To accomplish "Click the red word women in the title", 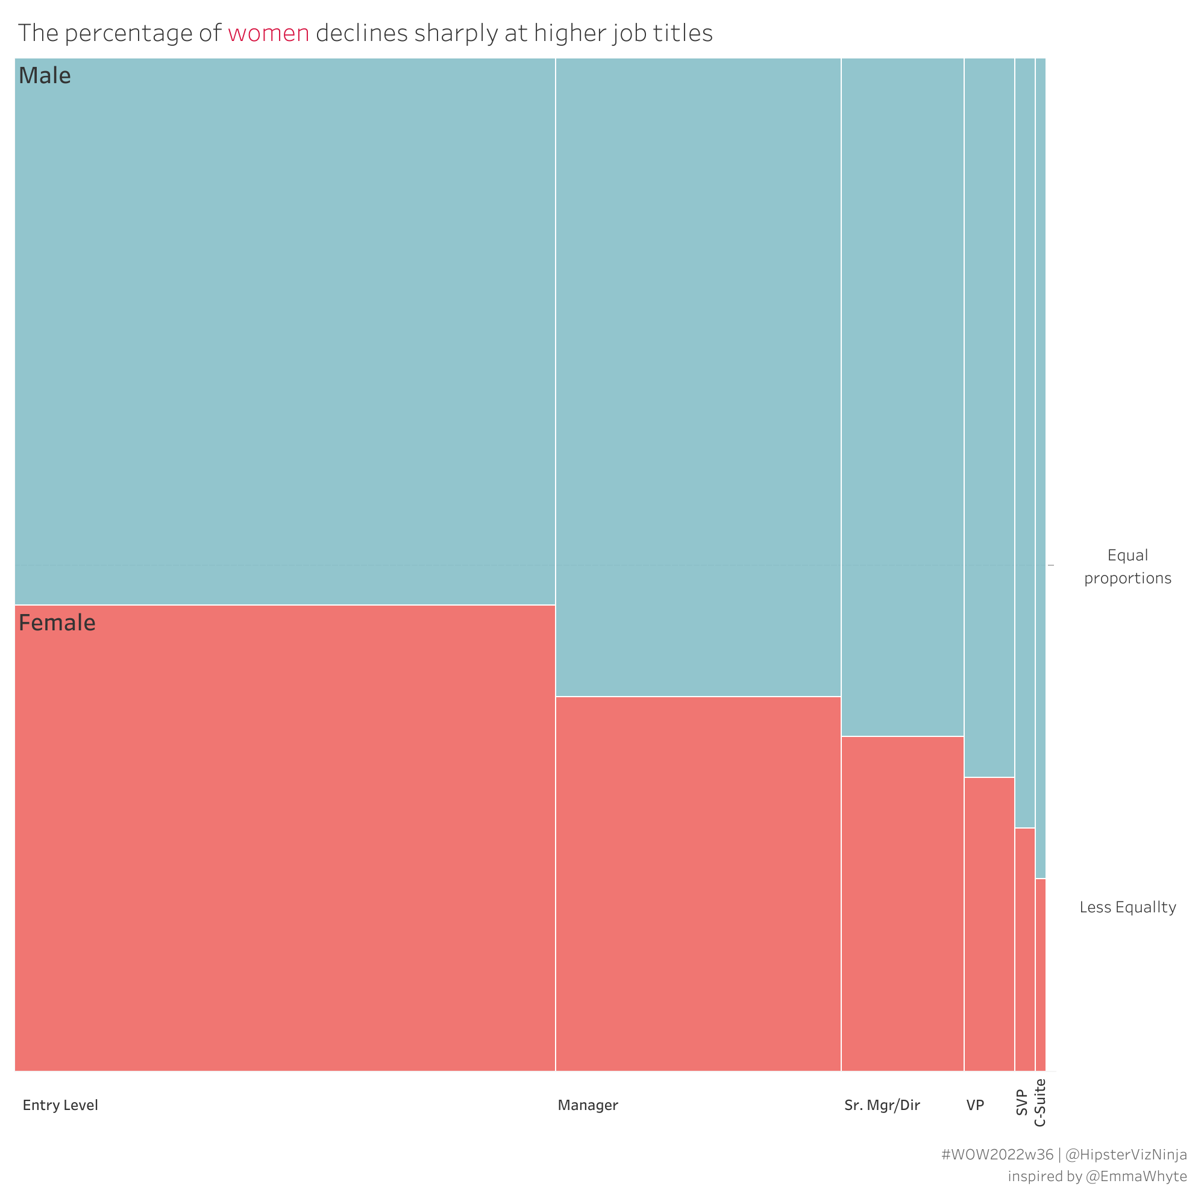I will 268,34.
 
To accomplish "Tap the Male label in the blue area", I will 45,76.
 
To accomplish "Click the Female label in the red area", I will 57,623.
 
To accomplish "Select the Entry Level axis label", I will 60,1106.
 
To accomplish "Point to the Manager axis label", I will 588,1106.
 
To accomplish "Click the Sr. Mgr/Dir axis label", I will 882,1106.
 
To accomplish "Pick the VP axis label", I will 975,1106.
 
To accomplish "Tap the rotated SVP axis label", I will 1021,1102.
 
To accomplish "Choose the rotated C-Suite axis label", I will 1040,1103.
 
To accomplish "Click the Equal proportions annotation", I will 1127,566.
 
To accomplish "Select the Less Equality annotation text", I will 1127,908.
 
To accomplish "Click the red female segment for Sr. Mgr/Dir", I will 902,904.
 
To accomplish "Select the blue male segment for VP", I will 989,418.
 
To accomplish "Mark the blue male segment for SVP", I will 1024,442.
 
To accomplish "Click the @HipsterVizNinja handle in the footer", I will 1126,1155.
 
